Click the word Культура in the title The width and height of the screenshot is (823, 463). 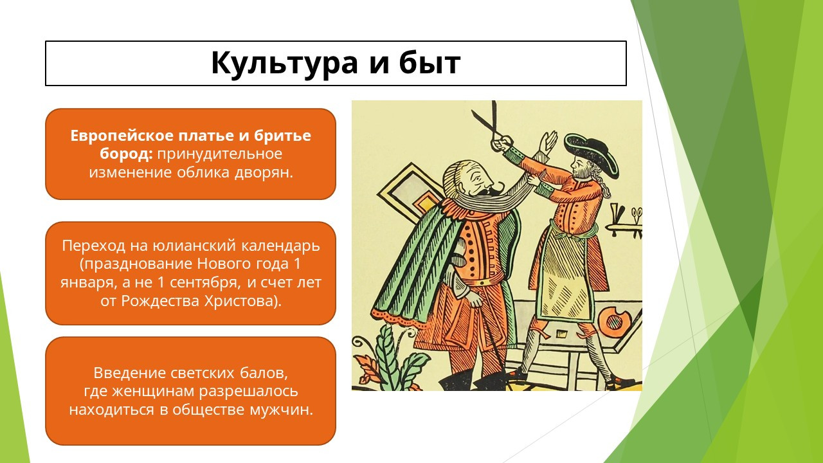pyautogui.click(x=284, y=63)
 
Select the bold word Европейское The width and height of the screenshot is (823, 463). pyautogui.click(x=122, y=136)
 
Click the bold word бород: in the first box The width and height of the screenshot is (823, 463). pyautogui.click(x=127, y=154)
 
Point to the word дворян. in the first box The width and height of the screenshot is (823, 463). pyautogui.click(x=264, y=172)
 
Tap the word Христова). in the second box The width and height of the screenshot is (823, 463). pyautogui.click(x=243, y=301)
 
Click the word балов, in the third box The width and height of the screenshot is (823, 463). pyautogui.click(x=264, y=373)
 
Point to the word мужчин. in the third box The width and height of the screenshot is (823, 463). pyautogui.click(x=282, y=410)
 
